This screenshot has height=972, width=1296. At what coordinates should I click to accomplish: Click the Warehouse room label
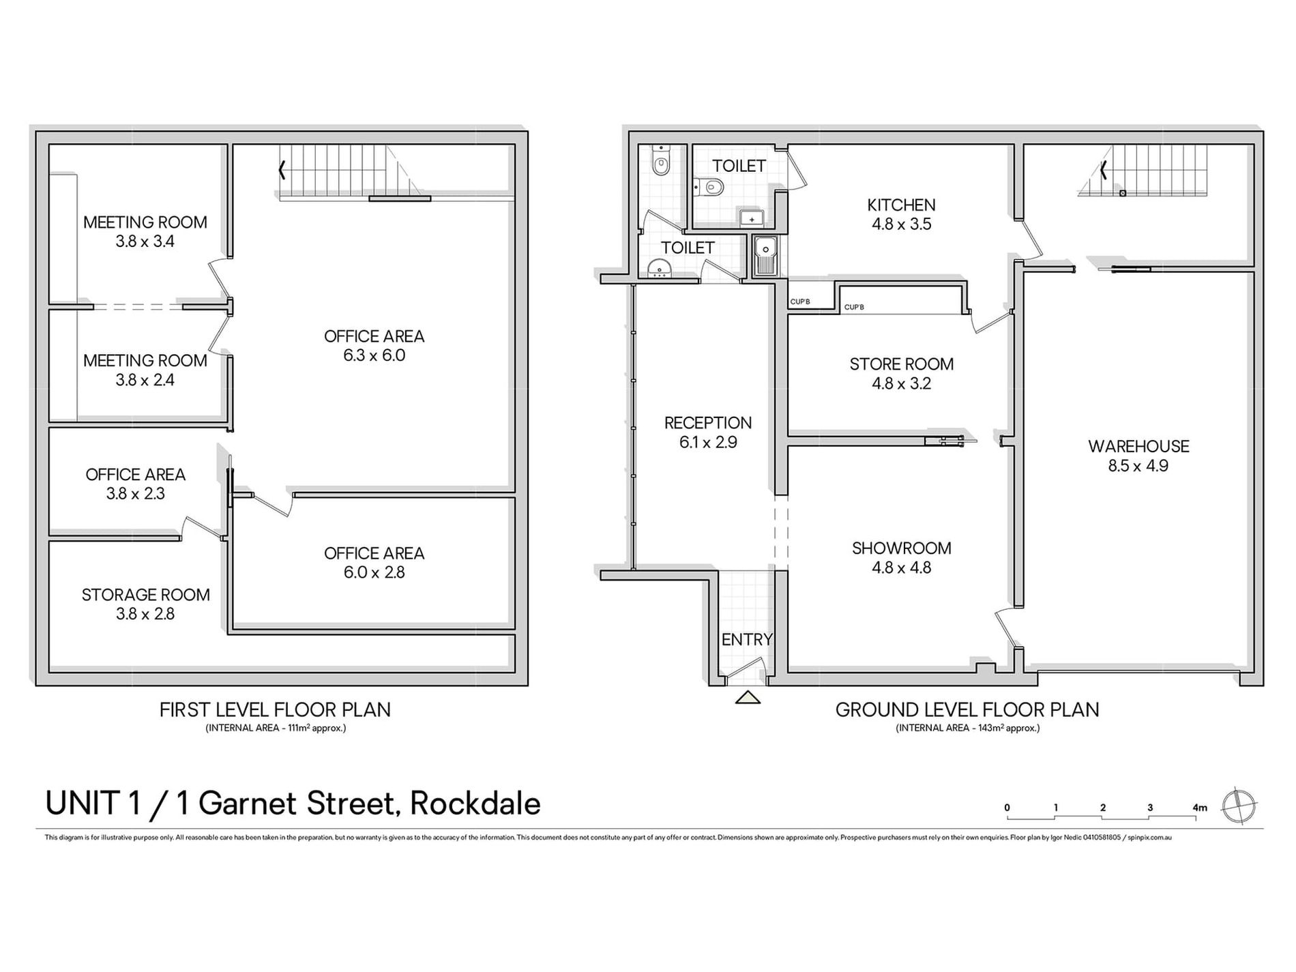click(x=1138, y=447)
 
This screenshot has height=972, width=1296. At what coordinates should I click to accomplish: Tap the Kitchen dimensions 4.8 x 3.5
click(x=901, y=224)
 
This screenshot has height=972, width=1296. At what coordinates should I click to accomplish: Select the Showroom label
click(x=901, y=548)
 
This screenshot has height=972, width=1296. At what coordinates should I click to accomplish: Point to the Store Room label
click(x=901, y=364)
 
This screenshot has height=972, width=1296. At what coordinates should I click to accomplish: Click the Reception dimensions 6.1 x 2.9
click(x=708, y=443)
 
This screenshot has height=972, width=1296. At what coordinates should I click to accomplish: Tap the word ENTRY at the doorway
click(x=747, y=640)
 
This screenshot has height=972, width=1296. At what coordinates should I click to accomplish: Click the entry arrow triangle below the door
click(x=748, y=697)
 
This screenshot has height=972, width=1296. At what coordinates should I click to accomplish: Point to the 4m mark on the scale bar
click(x=1199, y=808)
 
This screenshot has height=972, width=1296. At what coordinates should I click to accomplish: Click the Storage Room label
click(x=145, y=595)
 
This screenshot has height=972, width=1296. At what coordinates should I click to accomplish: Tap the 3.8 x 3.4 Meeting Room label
click(x=145, y=232)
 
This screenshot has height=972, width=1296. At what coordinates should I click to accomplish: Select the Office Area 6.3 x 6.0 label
click(x=374, y=346)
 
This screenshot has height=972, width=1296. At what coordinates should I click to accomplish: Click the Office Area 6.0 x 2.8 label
click(x=374, y=563)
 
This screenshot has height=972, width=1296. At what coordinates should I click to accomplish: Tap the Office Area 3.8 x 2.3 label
click(x=135, y=484)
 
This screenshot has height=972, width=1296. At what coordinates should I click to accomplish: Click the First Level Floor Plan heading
click(x=275, y=710)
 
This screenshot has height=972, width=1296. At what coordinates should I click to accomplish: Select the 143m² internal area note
click(x=967, y=728)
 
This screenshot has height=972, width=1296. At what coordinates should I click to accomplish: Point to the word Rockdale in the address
click(x=475, y=804)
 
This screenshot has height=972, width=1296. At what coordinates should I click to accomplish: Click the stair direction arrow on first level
click(x=282, y=170)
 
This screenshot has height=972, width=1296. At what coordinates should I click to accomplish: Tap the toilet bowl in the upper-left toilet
click(x=660, y=164)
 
